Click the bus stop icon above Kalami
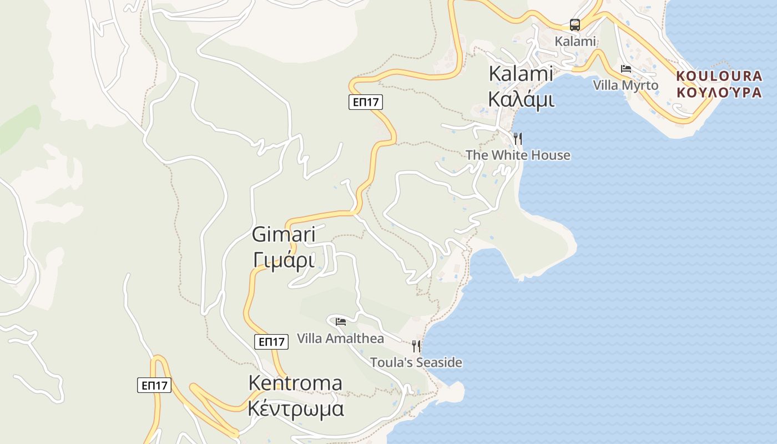[x=575, y=25]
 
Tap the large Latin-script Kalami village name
[x=521, y=73]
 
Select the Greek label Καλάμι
[x=521, y=99]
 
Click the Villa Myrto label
[x=625, y=85]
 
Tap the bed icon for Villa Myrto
[x=626, y=69]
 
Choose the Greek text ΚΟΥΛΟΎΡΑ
[x=719, y=92]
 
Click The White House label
[x=518, y=155]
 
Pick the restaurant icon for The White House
[x=517, y=138]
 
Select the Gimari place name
[x=284, y=234]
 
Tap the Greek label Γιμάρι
[x=284, y=260]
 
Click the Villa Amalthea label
[x=340, y=338]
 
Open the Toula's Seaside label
[x=416, y=362]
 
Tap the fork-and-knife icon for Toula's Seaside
[x=416, y=346]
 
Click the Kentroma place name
[x=295, y=383]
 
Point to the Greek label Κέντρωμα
[x=295, y=409]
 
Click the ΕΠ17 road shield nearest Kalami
[x=366, y=102]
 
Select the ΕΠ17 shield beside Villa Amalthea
[x=272, y=342]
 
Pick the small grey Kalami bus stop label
[x=575, y=41]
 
